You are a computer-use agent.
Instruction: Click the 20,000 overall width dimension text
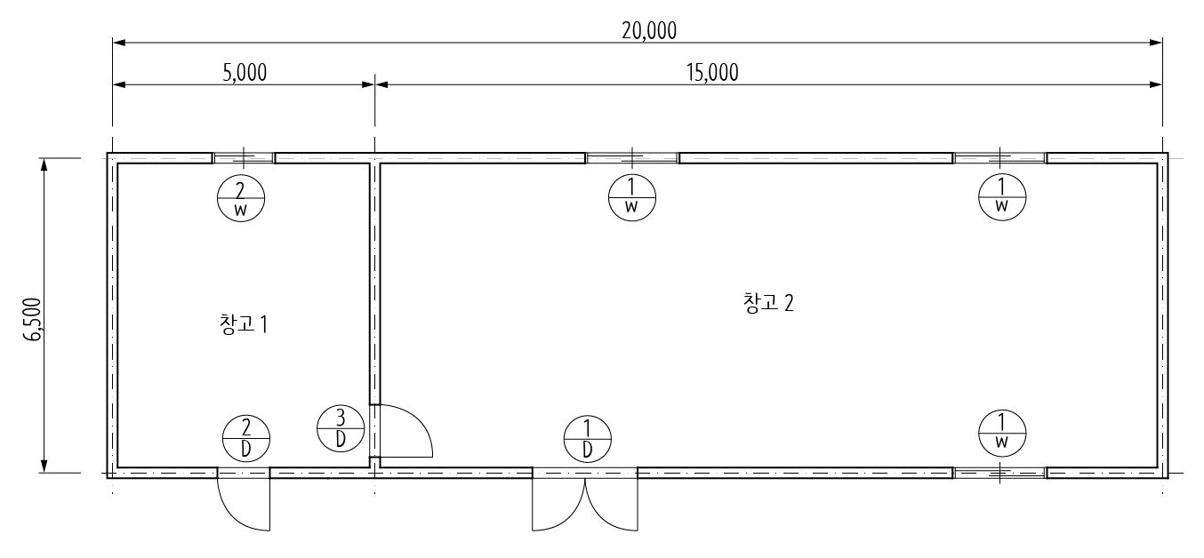(x=649, y=31)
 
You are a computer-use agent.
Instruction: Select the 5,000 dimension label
(x=245, y=73)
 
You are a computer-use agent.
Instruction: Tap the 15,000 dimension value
(x=712, y=73)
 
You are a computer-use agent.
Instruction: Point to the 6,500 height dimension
(x=33, y=319)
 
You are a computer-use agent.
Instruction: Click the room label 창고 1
(x=244, y=323)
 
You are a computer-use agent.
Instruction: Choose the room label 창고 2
(x=768, y=303)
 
